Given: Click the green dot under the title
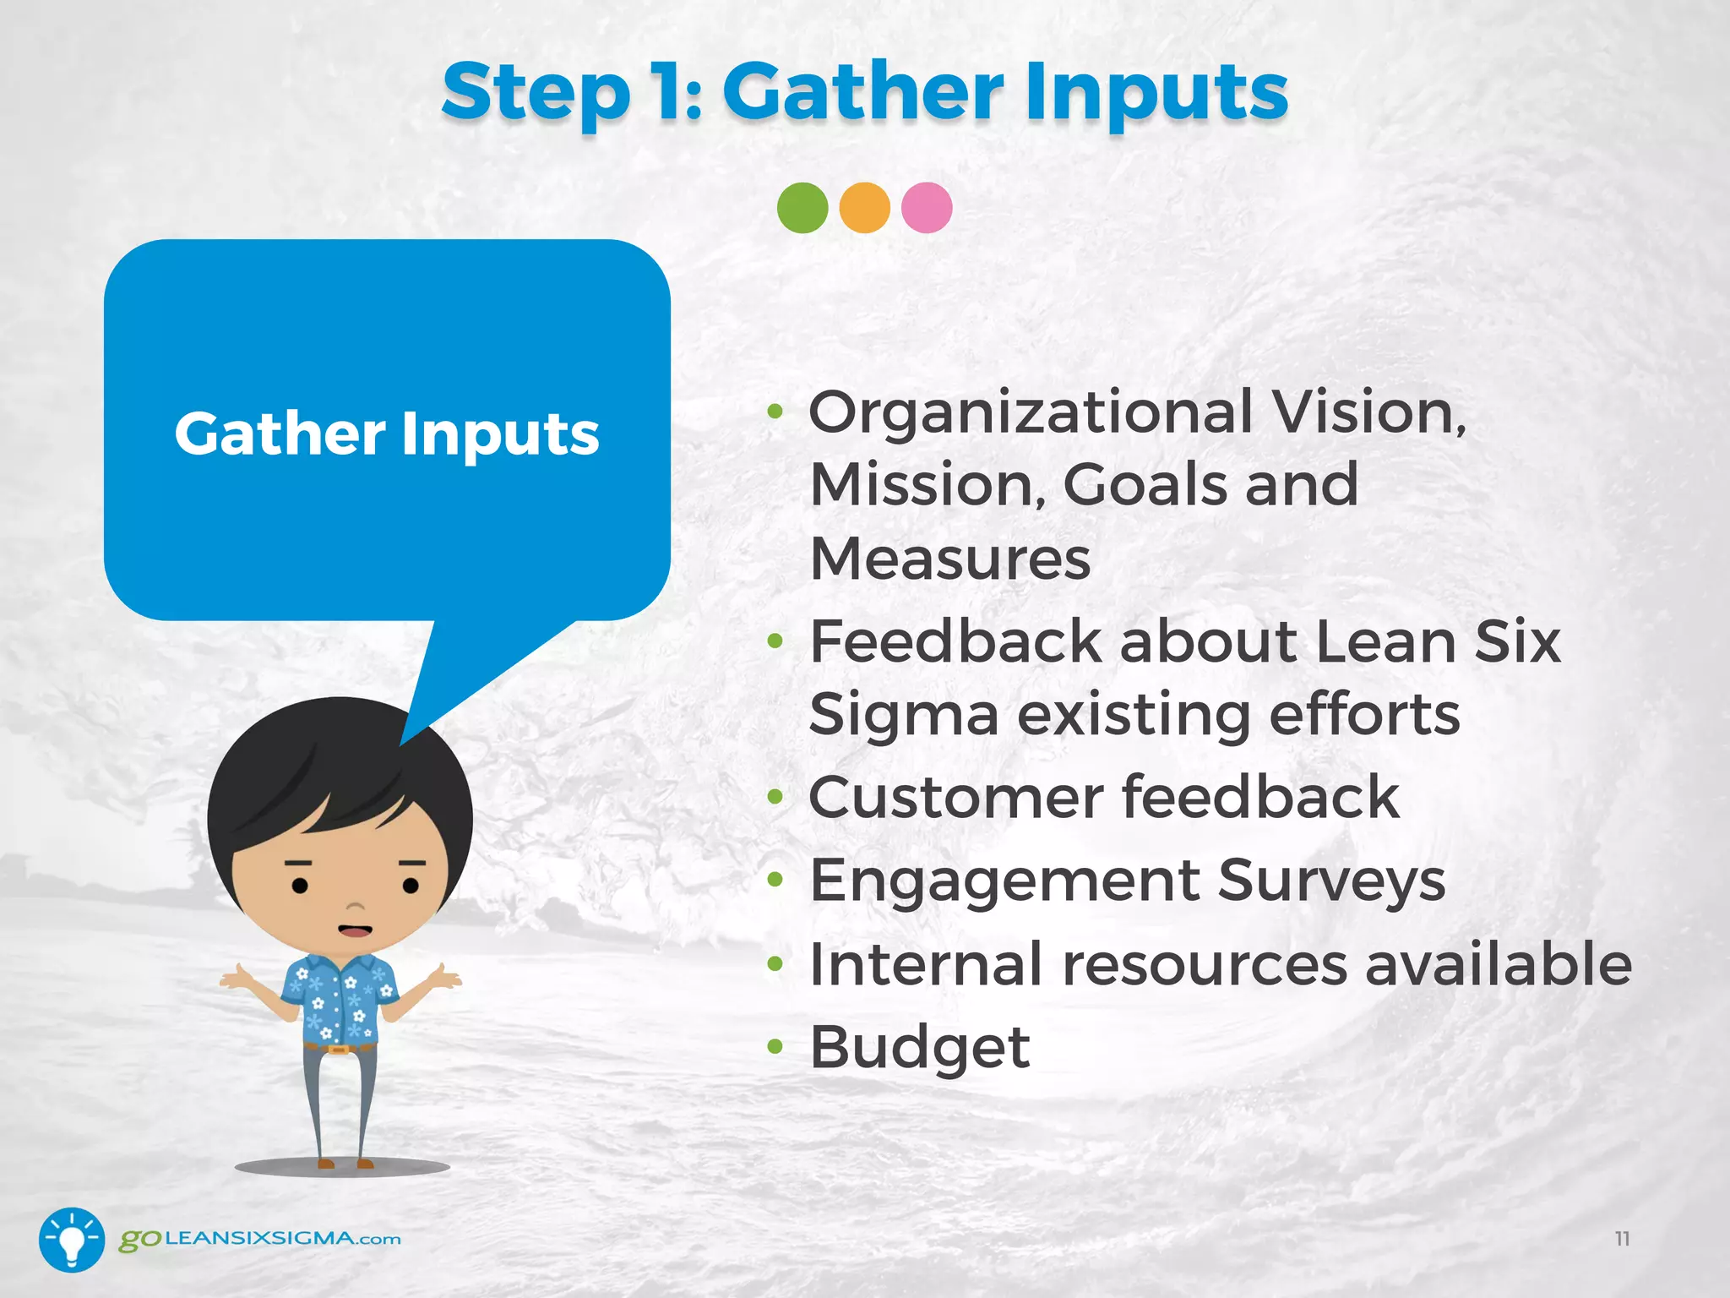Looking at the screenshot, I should coord(802,208).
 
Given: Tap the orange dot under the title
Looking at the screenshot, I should coord(864,208).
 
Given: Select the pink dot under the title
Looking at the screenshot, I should coord(927,208).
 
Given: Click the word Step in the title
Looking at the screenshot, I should coord(536,93).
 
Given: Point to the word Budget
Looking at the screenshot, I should coord(919,1048).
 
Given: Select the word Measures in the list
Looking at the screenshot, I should coord(950,559).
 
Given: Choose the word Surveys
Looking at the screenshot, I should coord(1331,881).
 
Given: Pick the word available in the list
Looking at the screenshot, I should coord(1499,964).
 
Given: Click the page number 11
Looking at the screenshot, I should coord(1622,1239).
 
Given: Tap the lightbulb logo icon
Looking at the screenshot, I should coord(72,1240).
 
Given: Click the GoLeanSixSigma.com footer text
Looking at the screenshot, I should coord(260,1240).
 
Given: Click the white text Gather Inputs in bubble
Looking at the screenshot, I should coord(387,434).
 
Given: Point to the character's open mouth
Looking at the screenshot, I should coord(355,930).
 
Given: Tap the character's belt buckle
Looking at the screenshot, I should coord(339,1050).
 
